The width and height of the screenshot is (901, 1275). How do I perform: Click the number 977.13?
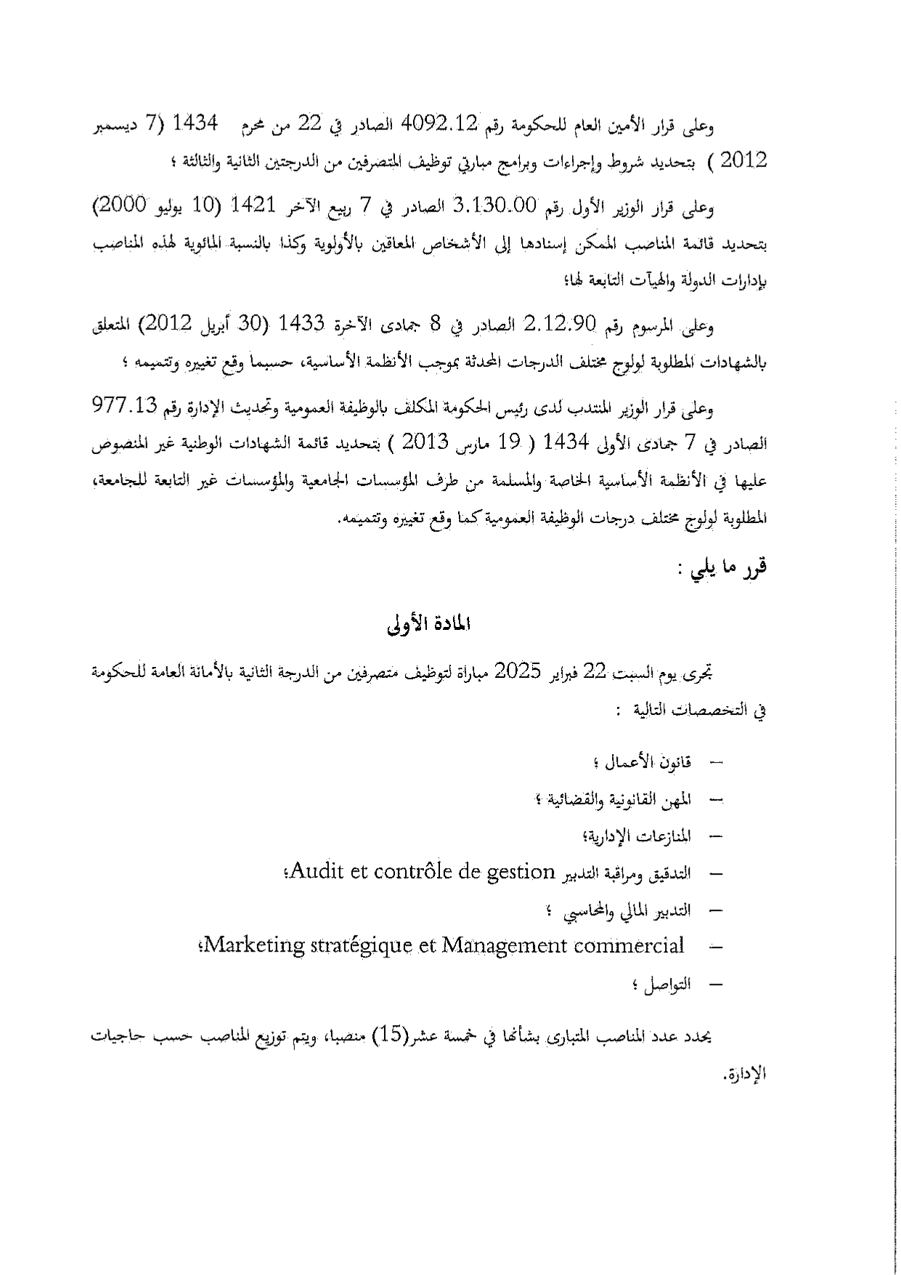click(125, 407)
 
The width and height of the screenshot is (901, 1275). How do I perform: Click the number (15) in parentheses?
click(391, 1037)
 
